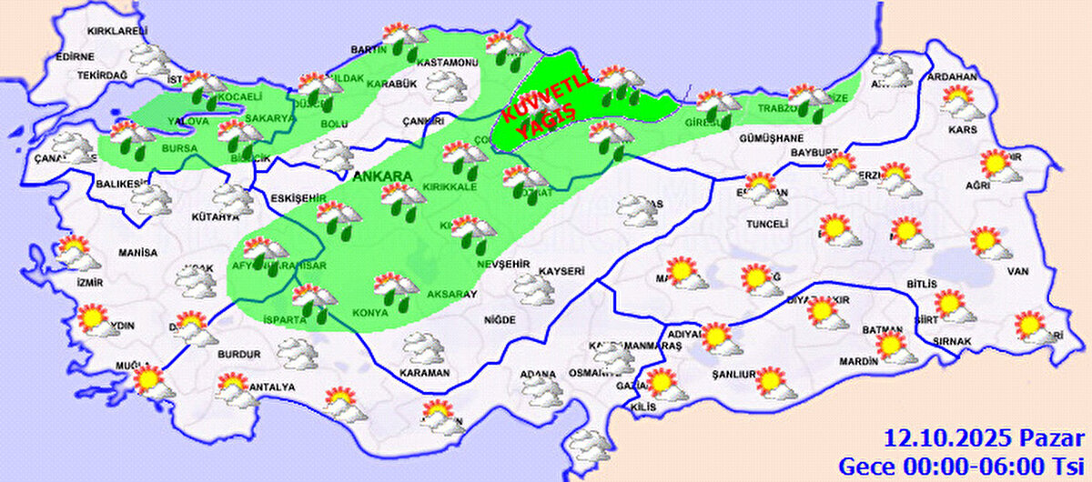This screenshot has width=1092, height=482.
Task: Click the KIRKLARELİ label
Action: (116, 32)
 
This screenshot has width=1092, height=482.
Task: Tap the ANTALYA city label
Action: (272, 387)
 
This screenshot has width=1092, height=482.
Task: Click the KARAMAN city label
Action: (425, 373)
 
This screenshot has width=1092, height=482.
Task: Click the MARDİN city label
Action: (857, 361)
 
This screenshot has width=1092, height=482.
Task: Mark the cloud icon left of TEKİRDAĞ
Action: (148, 60)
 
